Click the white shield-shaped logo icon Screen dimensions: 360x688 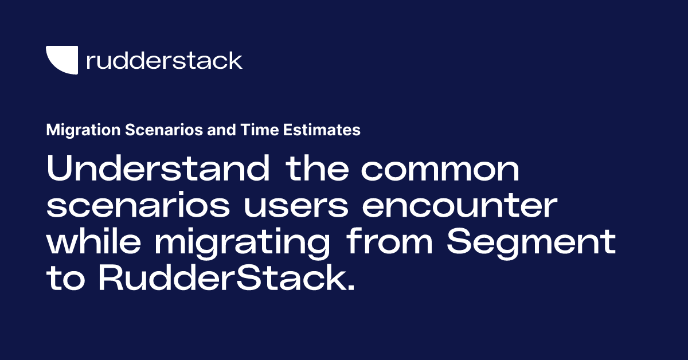62,60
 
